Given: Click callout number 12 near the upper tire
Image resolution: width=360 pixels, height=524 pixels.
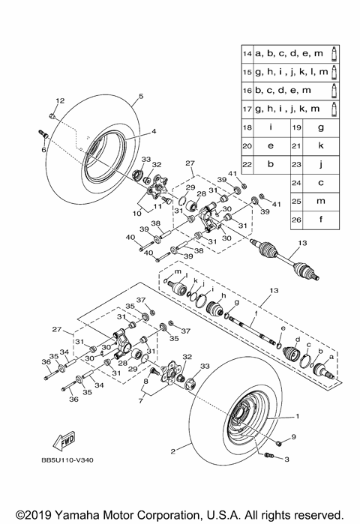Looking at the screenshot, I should coord(59,100).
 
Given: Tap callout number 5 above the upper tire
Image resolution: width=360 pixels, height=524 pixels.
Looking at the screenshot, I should coord(139,96).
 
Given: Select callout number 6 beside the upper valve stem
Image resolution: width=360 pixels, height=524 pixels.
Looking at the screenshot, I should coord(43,150).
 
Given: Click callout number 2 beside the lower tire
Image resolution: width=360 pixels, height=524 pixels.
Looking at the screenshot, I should coord(173,451).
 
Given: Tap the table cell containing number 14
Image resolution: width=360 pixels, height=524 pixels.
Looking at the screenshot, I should coord(247,55).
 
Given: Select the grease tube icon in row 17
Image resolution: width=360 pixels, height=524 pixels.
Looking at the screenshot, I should coord(334,109).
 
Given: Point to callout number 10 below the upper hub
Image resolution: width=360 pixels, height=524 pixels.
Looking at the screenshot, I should coord(137,214).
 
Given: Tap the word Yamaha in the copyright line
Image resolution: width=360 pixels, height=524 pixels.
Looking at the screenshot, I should coord(99,515).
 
